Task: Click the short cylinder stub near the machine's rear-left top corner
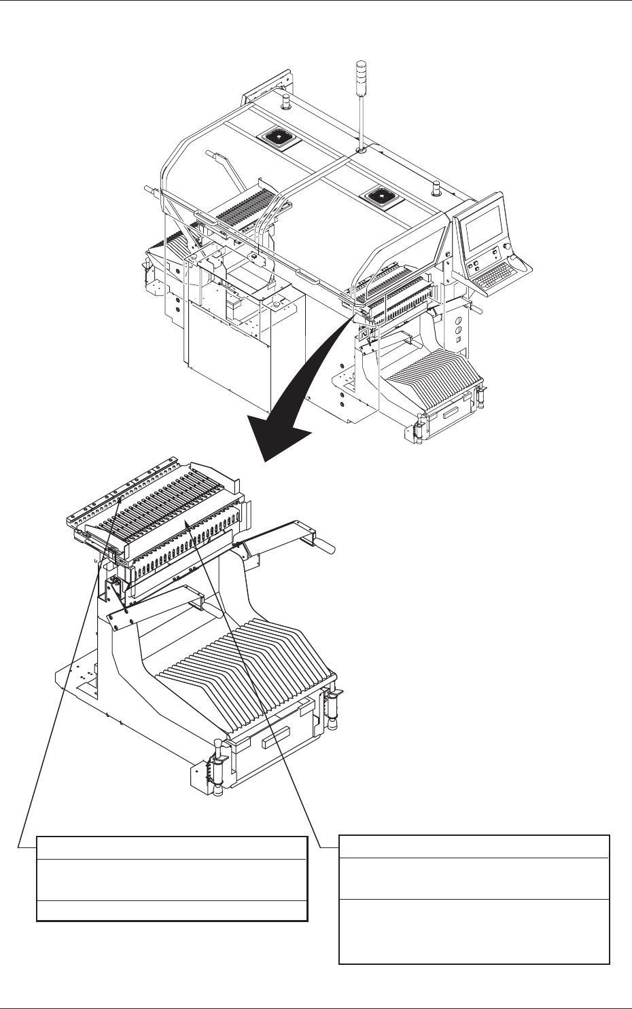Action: pos(285,104)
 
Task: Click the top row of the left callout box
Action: pos(172,848)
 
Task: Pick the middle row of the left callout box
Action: pos(172,880)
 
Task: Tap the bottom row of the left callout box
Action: pos(172,911)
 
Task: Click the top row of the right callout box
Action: pos(474,847)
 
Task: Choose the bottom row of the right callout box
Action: pos(474,932)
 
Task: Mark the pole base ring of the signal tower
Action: pos(361,147)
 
